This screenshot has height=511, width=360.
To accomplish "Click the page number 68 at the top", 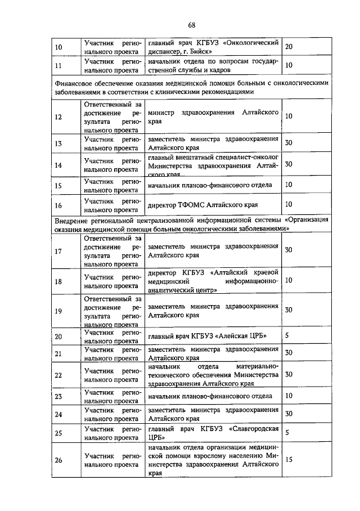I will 191,25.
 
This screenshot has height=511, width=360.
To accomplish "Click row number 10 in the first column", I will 58,47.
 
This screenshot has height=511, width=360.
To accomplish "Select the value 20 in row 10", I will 289,46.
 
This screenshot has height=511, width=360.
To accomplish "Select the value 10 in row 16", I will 289,204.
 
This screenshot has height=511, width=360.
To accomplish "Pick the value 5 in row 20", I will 287,335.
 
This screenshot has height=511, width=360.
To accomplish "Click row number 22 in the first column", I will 58,375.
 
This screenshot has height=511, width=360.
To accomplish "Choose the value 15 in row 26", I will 289,459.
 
